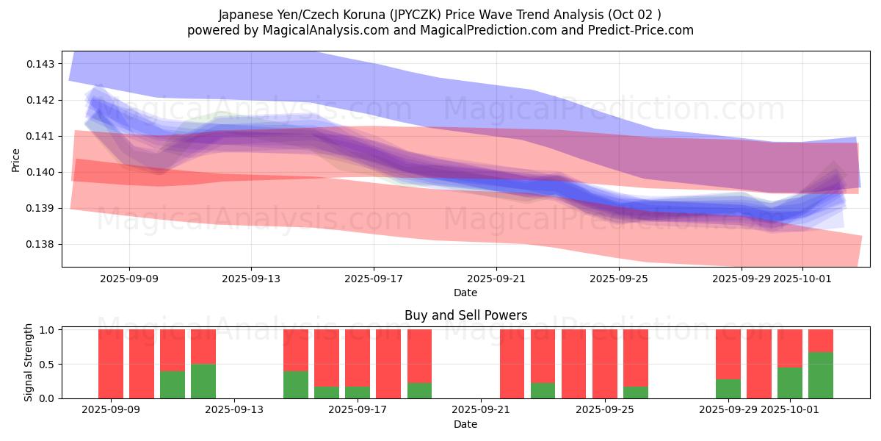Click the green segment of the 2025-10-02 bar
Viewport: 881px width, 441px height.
pyautogui.click(x=821, y=376)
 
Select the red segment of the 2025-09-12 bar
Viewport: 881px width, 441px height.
pyautogui.click(x=203, y=346)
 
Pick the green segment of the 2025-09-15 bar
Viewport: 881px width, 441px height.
pyautogui.click(x=296, y=384)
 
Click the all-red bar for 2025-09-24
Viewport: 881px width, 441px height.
pyautogui.click(x=574, y=364)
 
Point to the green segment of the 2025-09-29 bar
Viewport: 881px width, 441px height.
pyautogui.click(x=728, y=389)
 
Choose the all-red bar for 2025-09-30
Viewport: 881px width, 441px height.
pyautogui.click(x=759, y=364)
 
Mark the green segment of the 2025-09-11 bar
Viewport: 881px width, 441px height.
pyautogui.click(x=173, y=384)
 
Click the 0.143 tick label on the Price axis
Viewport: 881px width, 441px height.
pyautogui.click(x=41, y=64)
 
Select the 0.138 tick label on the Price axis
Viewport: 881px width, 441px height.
pyautogui.click(x=41, y=244)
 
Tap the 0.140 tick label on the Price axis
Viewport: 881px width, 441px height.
pyautogui.click(x=41, y=172)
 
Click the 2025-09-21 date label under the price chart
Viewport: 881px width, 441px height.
pyautogui.click(x=496, y=279)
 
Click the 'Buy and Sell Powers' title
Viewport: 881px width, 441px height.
pyautogui.click(x=465, y=315)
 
